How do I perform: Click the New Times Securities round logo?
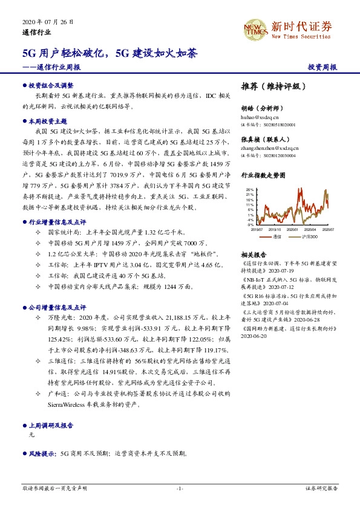[x=255, y=28]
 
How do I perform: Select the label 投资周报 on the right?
[x=322, y=67]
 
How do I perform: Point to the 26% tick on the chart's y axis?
[x=249, y=190]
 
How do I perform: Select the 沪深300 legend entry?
[x=312, y=237]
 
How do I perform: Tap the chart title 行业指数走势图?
[x=262, y=175]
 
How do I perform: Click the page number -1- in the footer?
[x=180, y=488]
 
